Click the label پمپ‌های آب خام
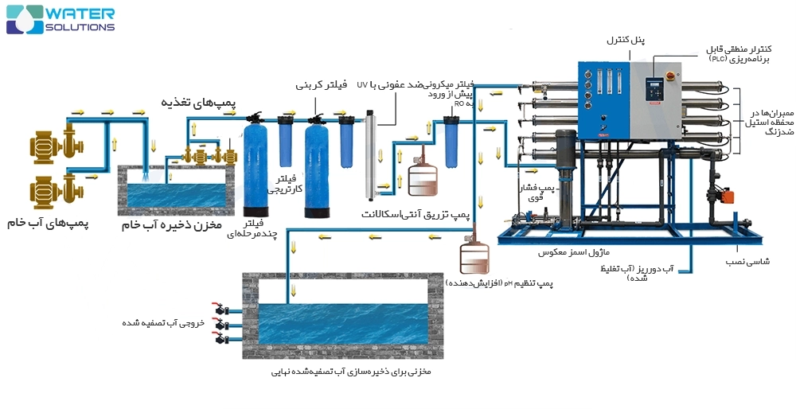[x=49, y=224]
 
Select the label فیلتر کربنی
[x=321, y=84]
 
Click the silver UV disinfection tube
[x=370, y=155]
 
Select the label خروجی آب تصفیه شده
[x=163, y=323]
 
